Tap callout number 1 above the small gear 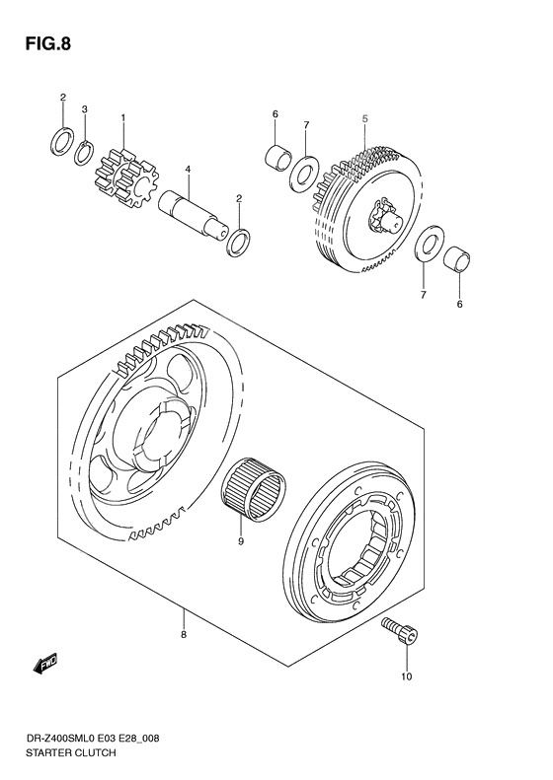tap(123, 118)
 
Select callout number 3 tap(85, 108)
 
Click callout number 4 tap(188, 170)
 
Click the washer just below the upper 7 tap(302, 175)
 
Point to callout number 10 tap(405, 676)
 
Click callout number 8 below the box tap(184, 636)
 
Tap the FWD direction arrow tap(46, 665)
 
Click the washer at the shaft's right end tap(238, 242)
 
